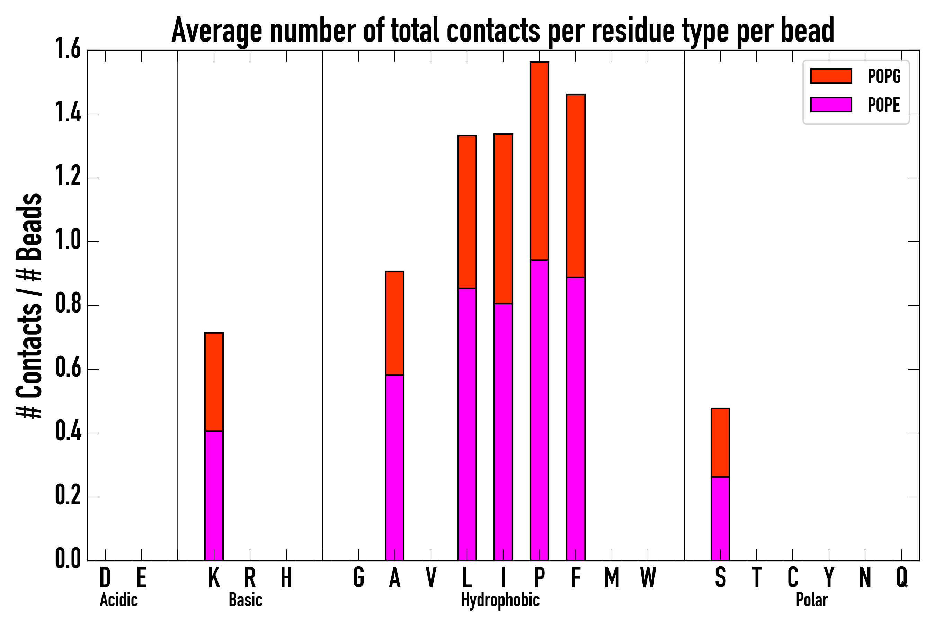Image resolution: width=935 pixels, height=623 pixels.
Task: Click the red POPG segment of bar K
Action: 214,382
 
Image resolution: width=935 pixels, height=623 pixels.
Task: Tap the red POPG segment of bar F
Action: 576,186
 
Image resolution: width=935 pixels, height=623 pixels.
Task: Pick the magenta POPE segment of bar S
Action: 720,518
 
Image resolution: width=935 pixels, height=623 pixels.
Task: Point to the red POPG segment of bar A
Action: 395,323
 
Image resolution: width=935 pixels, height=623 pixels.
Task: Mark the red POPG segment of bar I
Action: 503,218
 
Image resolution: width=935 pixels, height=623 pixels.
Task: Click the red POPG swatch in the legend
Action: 831,76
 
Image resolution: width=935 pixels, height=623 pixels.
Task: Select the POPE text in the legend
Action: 884,105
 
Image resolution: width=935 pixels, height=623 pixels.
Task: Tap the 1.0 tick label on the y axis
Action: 68,241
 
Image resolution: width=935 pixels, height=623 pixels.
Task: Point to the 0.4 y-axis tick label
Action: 68,433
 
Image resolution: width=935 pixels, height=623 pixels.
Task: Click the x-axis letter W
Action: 648,577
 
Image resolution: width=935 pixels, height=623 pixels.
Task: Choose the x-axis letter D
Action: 105,577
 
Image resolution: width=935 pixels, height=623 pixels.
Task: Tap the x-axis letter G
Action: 358,577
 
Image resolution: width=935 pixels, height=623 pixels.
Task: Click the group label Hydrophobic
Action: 500,600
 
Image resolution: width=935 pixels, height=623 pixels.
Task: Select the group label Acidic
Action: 118,600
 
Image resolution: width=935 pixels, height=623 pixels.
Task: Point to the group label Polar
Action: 811,600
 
